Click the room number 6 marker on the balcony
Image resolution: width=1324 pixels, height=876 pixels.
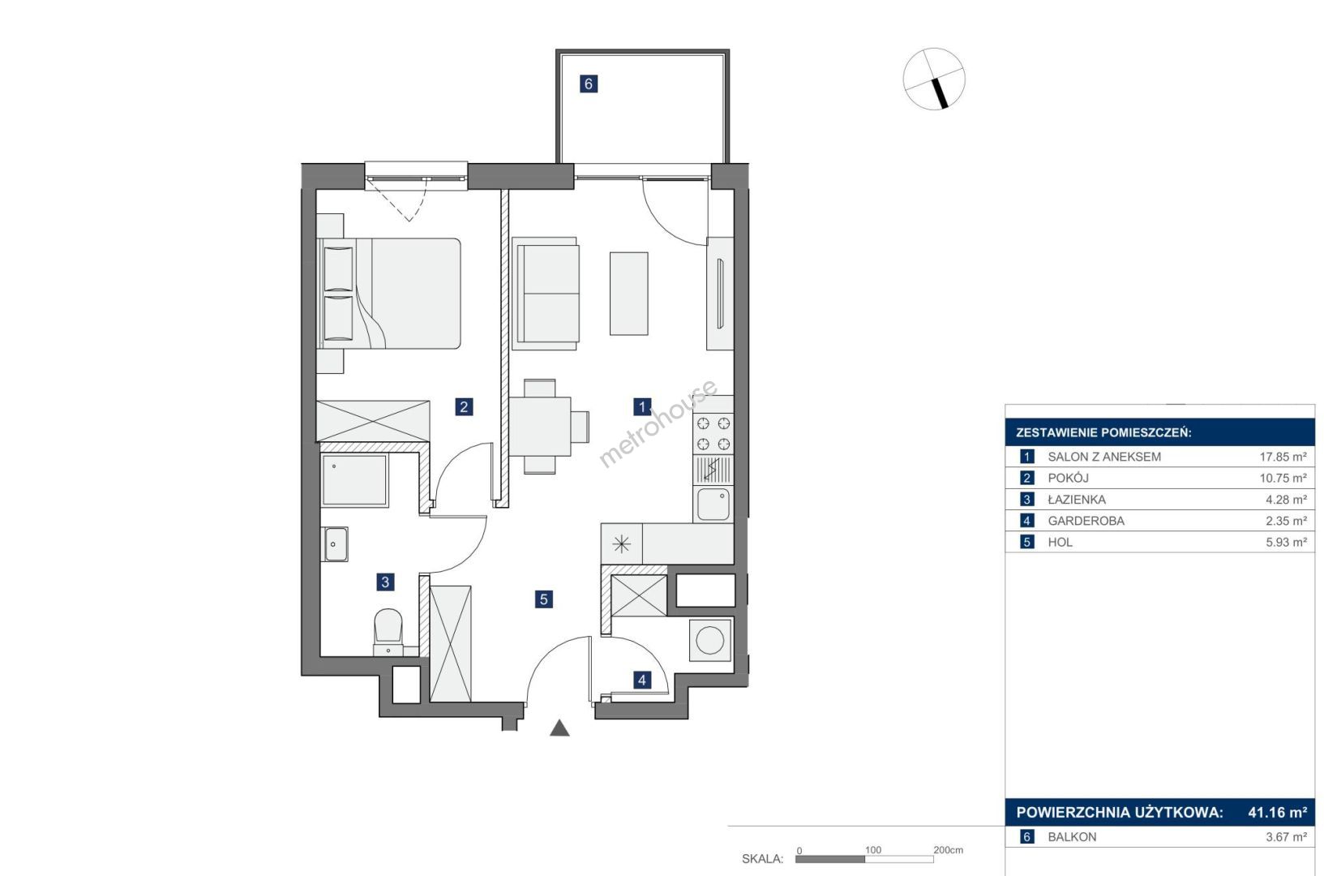coord(588,84)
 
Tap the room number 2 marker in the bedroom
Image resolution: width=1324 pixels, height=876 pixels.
coord(464,407)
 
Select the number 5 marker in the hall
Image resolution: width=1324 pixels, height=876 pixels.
coord(544,599)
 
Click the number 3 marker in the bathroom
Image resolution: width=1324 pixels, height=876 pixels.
coord(385,582)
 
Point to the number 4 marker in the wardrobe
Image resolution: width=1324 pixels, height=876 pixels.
coord(642,681)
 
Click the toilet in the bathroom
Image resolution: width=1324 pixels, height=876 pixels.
coord(388,633)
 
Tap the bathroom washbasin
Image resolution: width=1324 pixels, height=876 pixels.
coord(335,544)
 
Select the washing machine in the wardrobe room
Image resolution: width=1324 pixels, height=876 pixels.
coord(710,640)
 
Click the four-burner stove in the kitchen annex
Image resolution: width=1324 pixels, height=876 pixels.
coord(713,434)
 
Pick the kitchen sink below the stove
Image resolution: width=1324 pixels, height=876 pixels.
coord(713,504)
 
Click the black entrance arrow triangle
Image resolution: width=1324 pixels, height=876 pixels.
coord(559,728)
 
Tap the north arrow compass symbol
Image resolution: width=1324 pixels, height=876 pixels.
coord(934,79)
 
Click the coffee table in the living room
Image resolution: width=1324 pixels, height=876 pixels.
coord(629,294)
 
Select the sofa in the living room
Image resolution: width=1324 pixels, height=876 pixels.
coord(545,294)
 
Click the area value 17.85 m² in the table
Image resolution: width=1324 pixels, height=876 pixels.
coord(1283,457)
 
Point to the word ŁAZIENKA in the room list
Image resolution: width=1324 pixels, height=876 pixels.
coord(1077,499)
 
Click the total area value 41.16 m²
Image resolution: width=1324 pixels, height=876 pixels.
coord(1277,812)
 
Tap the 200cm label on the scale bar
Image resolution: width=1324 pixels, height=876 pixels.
coord(948,850)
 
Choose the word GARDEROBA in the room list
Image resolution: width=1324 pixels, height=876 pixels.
coord(1086,521)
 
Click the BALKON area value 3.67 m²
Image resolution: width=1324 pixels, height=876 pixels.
coord(1286,837)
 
